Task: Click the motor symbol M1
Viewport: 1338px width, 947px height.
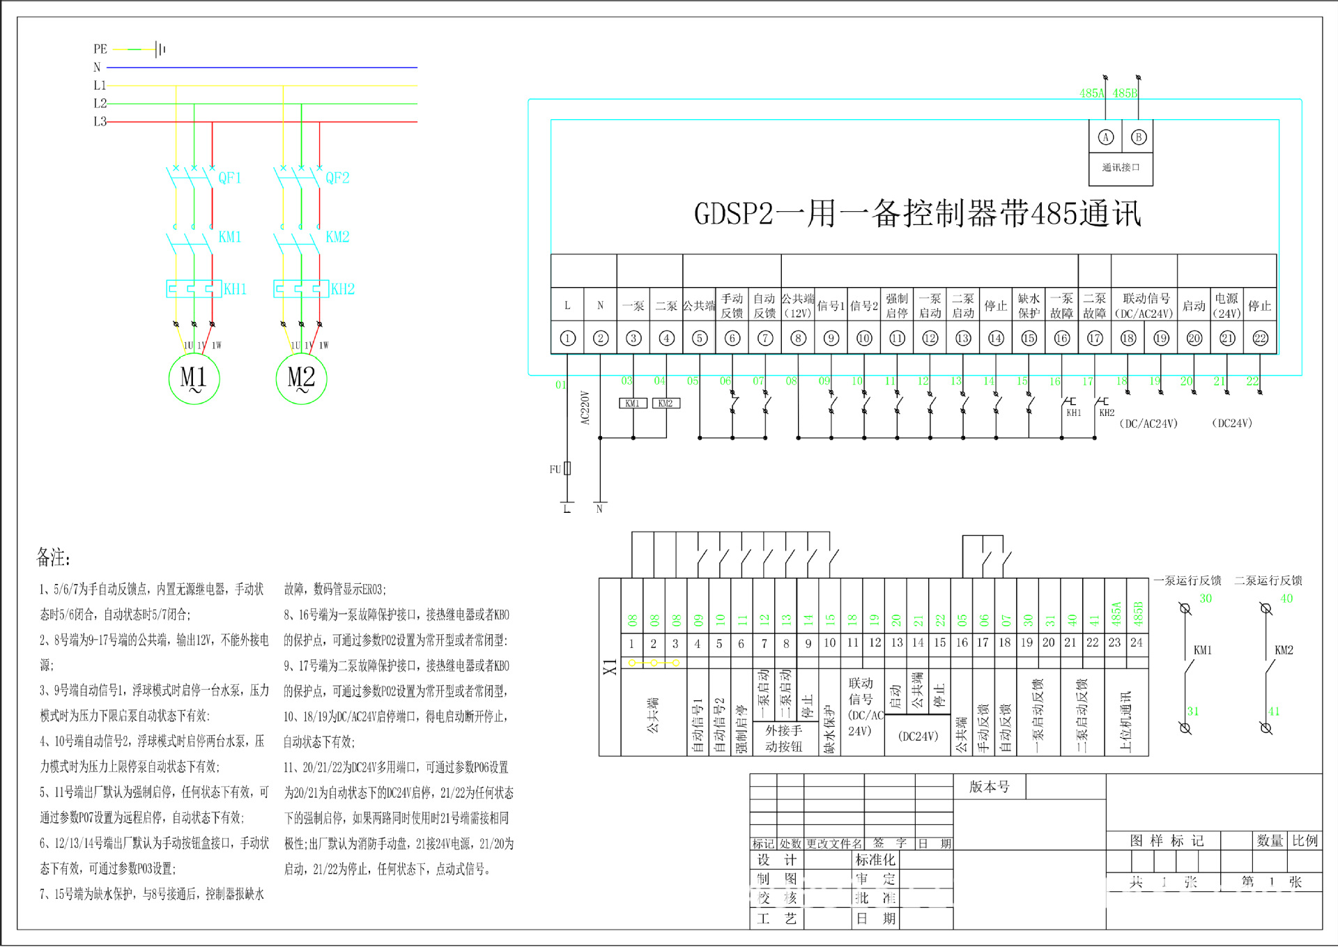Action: coord(194,378)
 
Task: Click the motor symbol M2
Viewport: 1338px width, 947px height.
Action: coord(301,378)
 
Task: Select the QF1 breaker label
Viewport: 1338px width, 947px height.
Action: coord(230,178)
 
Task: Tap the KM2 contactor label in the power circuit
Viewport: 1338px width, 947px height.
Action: coord(337,237)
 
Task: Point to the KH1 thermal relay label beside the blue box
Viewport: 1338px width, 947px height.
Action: coord(235,289)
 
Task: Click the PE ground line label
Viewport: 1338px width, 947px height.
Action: coord(100,49)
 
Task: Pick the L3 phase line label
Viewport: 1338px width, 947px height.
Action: coord(100,122)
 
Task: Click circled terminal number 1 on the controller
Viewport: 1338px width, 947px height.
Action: coord(567,339)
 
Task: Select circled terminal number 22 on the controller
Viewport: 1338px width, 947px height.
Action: coord(1260,339)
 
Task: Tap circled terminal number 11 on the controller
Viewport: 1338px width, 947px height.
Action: coord(897,339)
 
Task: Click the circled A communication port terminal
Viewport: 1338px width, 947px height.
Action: coord(1106,137)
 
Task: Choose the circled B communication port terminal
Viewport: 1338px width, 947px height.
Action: coord(1139,137)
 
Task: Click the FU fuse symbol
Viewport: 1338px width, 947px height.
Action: coord(567,468)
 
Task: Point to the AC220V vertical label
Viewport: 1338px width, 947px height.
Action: coord(585,408)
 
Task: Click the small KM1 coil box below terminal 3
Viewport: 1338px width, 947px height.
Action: coord(633,403)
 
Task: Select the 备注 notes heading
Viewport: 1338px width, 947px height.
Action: coord(53,557)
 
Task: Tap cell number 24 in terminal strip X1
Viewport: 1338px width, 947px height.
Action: coord(1137,642)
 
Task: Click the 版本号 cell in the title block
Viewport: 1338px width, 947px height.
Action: coord(989,787)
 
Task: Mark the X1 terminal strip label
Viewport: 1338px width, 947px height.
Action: coord(610,667)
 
